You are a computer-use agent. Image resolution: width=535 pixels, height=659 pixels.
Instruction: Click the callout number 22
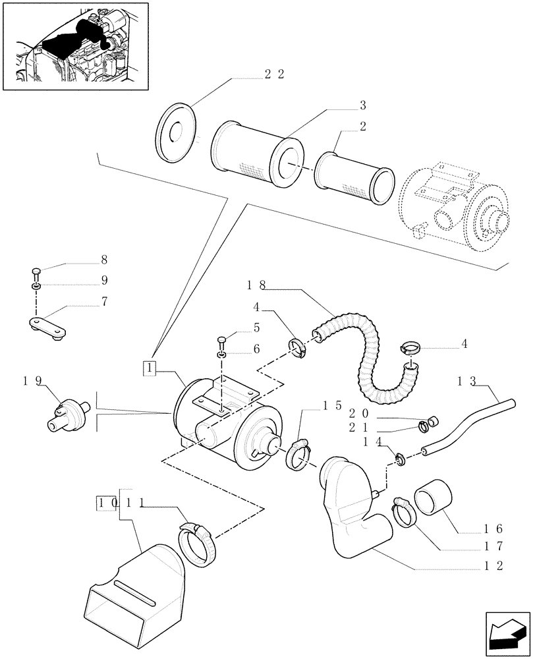[x=274, y=74]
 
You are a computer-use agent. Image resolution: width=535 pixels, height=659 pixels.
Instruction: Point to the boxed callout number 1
[x=151, y=368]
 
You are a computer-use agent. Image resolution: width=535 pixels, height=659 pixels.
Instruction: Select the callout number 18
[x=256, y=285]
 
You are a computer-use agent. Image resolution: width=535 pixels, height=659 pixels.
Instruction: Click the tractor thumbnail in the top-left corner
[x=74, y=45]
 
